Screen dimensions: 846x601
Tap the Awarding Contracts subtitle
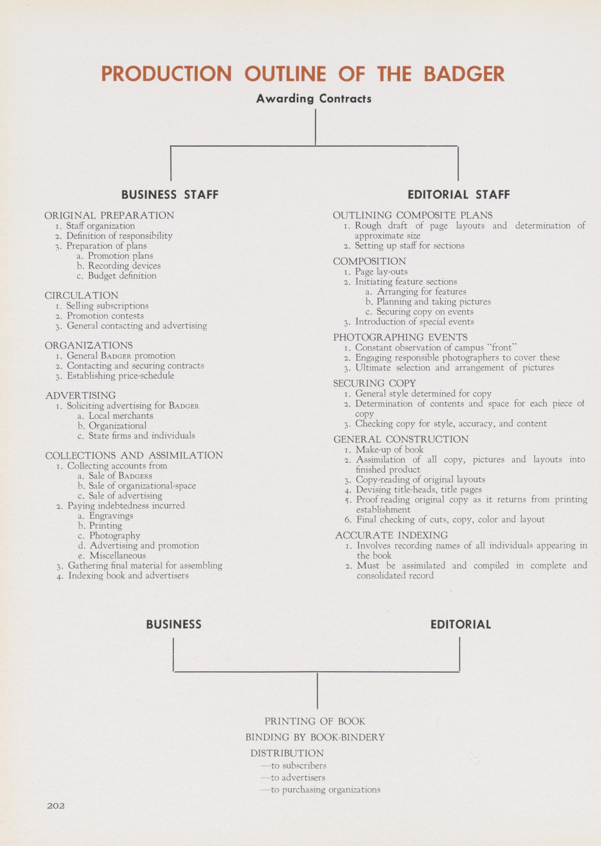pos(314,99)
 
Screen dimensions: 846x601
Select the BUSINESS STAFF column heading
pos(170,195)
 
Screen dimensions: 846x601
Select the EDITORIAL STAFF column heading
pos(459,195)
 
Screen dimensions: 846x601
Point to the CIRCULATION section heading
pos(81,295)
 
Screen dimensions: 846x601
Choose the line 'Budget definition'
pos(122,276)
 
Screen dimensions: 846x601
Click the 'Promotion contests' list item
pos(105,316)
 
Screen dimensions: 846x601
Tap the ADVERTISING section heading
pos(80,395)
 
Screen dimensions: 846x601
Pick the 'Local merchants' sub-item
pos(121,416)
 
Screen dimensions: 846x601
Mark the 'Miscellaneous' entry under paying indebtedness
pos(117,556)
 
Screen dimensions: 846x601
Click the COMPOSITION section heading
pos(369,261)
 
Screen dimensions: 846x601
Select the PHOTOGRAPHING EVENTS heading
pos(400,337)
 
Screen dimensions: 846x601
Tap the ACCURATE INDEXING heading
pos(391,535)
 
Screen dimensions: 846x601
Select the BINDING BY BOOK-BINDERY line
pos(315,737)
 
